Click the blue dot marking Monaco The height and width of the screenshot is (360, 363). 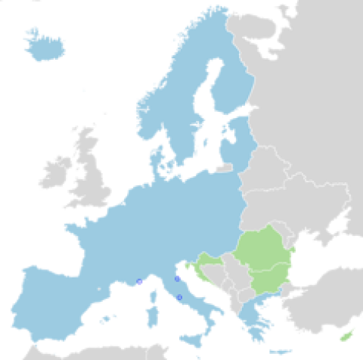[139, 282]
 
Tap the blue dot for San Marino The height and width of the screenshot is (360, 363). [177, 279]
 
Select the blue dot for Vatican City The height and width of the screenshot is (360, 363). [179, 297]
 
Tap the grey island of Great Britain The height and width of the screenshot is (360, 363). [92, 178]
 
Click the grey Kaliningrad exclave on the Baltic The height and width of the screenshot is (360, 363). [225, 169]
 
